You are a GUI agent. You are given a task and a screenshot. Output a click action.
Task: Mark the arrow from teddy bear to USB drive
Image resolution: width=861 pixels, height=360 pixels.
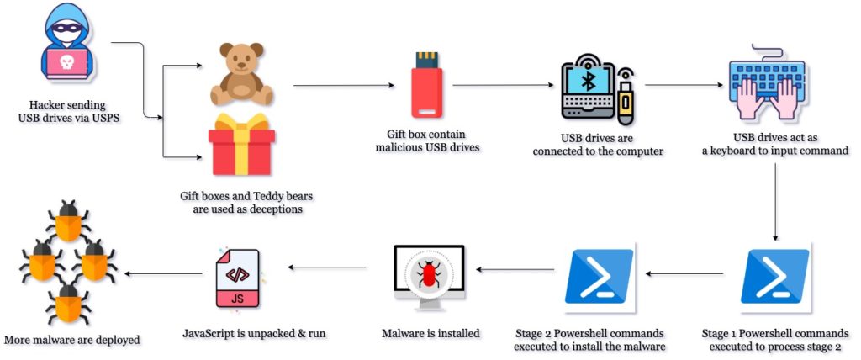[x=343, y=85]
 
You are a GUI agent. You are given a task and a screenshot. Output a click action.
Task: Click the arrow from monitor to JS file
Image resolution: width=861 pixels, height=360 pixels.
[x=327, y=267]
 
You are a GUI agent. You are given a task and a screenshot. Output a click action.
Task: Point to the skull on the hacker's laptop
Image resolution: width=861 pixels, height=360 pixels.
[x=66, y=63]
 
